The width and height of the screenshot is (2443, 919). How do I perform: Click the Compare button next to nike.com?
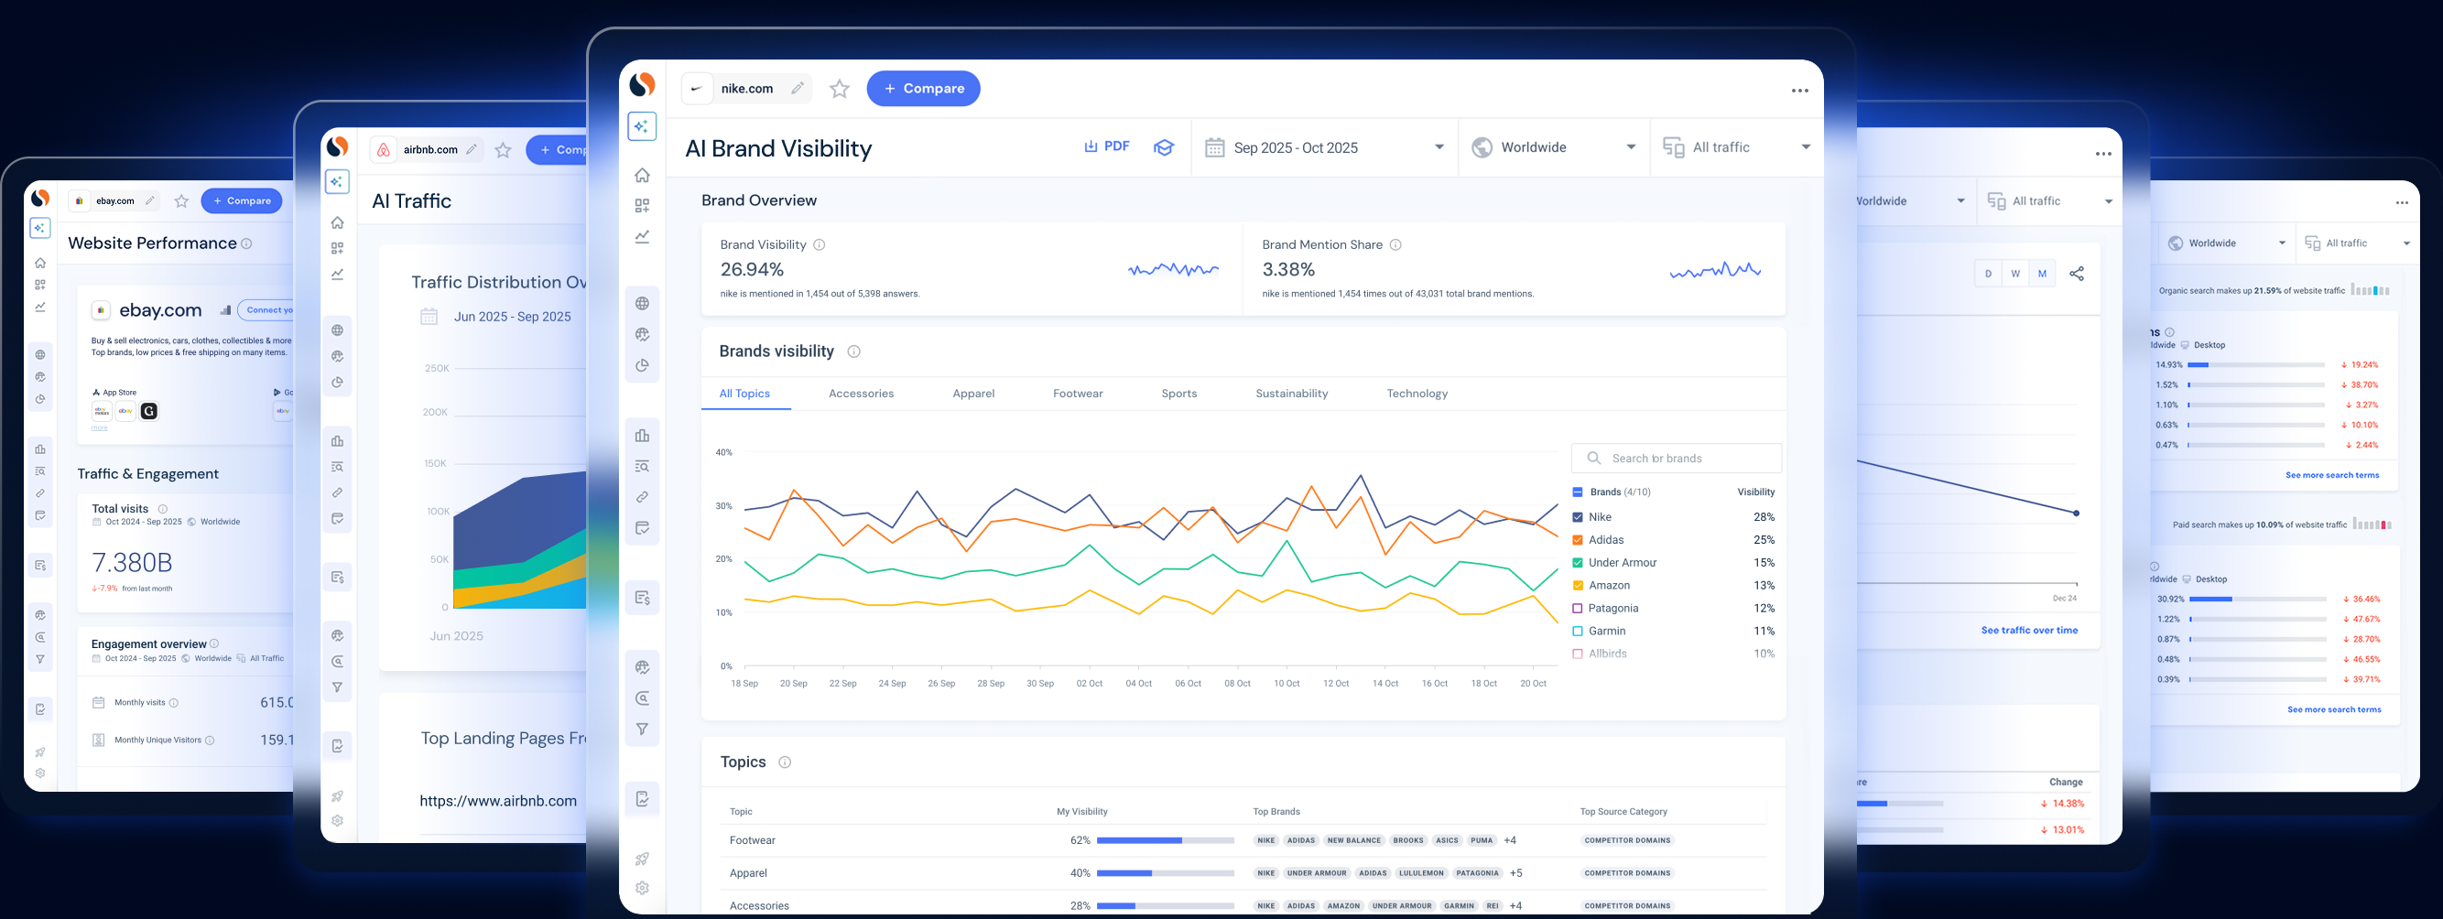pos(923,88)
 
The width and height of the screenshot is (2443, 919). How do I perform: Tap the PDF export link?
pos(1107,147)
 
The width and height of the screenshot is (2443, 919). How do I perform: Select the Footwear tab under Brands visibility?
pos(1078,394)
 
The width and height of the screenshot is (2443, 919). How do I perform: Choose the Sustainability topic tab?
pos(1291,394)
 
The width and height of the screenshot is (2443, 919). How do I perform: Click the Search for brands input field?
pos(1677,458)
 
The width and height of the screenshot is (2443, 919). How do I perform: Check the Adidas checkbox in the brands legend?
pos(1578,540)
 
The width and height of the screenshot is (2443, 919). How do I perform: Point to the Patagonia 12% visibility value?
pos(1763,608)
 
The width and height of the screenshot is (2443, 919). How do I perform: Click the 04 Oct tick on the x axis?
pos(1138,683)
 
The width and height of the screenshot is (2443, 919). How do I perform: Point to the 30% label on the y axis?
pos(723,505)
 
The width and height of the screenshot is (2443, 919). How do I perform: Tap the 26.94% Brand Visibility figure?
pos(752,270)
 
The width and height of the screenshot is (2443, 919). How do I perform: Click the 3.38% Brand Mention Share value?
pos(1287,270)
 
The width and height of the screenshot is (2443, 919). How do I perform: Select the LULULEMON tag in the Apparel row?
pos(1421,873)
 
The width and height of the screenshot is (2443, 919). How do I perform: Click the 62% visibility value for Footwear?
pos(1080,840)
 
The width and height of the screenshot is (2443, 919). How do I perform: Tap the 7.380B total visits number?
pos(132,563)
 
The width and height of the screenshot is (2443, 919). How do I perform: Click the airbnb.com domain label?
pos(429,150)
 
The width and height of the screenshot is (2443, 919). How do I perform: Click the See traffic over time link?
pos(2028,630)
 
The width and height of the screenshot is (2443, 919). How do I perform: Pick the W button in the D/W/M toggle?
pos(2015,274)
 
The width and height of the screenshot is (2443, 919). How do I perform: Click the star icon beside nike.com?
pos(840,89)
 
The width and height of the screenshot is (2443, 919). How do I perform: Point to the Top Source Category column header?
pos(1623,812)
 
